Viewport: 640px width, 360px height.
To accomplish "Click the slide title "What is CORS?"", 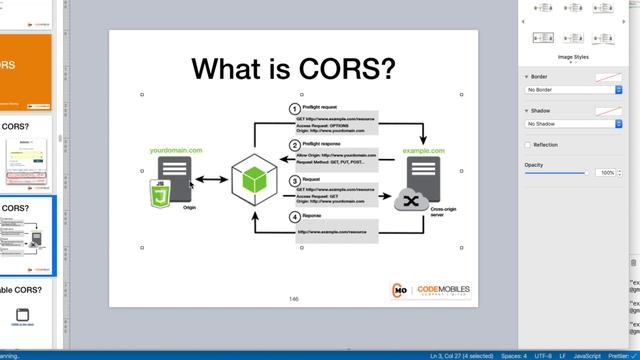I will pyautogui.click(x=293, y=68).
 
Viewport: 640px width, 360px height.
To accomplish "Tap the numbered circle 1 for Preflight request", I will pyautogui.click(x=294, y=108).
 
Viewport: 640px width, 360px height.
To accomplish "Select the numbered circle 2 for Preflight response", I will pyautogui.click(x=294, y=145).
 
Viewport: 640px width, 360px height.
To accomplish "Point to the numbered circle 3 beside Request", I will pyautogui.click(x=294, y=181).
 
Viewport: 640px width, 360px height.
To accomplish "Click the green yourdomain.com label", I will pyautogui.click(x=176, y=150).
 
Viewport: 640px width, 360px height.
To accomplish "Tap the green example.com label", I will pyautogui.click(x=423, y=150).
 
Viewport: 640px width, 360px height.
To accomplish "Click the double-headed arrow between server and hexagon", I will pyautogui.click(x=210, y=181).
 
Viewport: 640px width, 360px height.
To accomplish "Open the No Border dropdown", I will pyautogui.click(x=574, y=90).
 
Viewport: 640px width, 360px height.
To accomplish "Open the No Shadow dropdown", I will pyautogui.click(x=574, y=124).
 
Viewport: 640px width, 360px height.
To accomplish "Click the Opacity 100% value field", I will pyautogui.click(x=607, y=173).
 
